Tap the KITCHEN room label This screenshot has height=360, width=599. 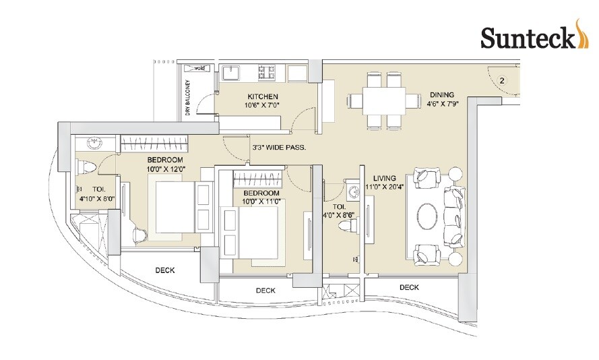tap(262, 96)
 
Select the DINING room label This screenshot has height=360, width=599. tap(442, 94)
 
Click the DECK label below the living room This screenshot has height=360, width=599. tap(408, 287)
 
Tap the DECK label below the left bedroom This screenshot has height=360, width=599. tap(165, 270)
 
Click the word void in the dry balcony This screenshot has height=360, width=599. tap(199, 68)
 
